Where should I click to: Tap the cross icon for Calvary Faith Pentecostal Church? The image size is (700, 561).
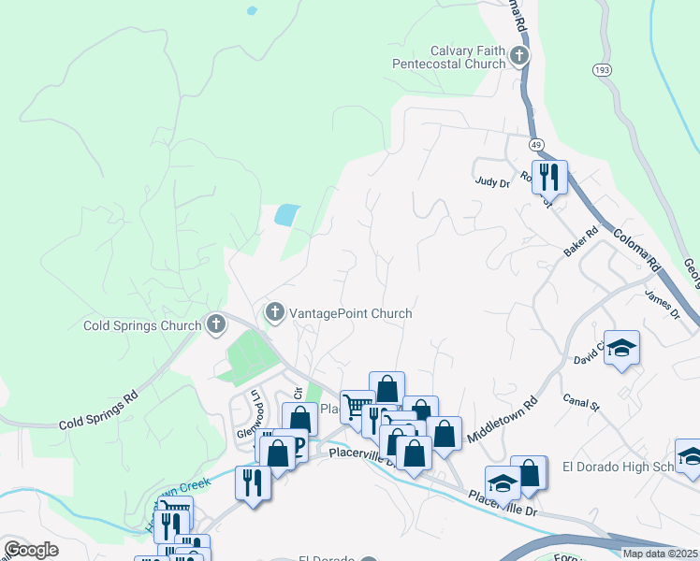tap(519, 58)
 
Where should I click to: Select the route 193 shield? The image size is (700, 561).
tap(602, 70)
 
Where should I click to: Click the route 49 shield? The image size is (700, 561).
tap(535, 145)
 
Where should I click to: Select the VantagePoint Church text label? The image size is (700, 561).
tap(351, 313)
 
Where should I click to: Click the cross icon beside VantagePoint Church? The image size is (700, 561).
tap(275, 312)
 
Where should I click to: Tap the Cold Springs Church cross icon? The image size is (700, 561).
tap(216, 325)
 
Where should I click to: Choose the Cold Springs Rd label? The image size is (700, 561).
tap(98, 410)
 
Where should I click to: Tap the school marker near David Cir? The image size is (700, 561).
tap(621, 349)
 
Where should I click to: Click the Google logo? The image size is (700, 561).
tap(31, 550)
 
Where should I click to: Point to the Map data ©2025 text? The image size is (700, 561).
tap(660, 554)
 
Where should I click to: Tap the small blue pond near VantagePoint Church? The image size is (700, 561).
tap(287, 214)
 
